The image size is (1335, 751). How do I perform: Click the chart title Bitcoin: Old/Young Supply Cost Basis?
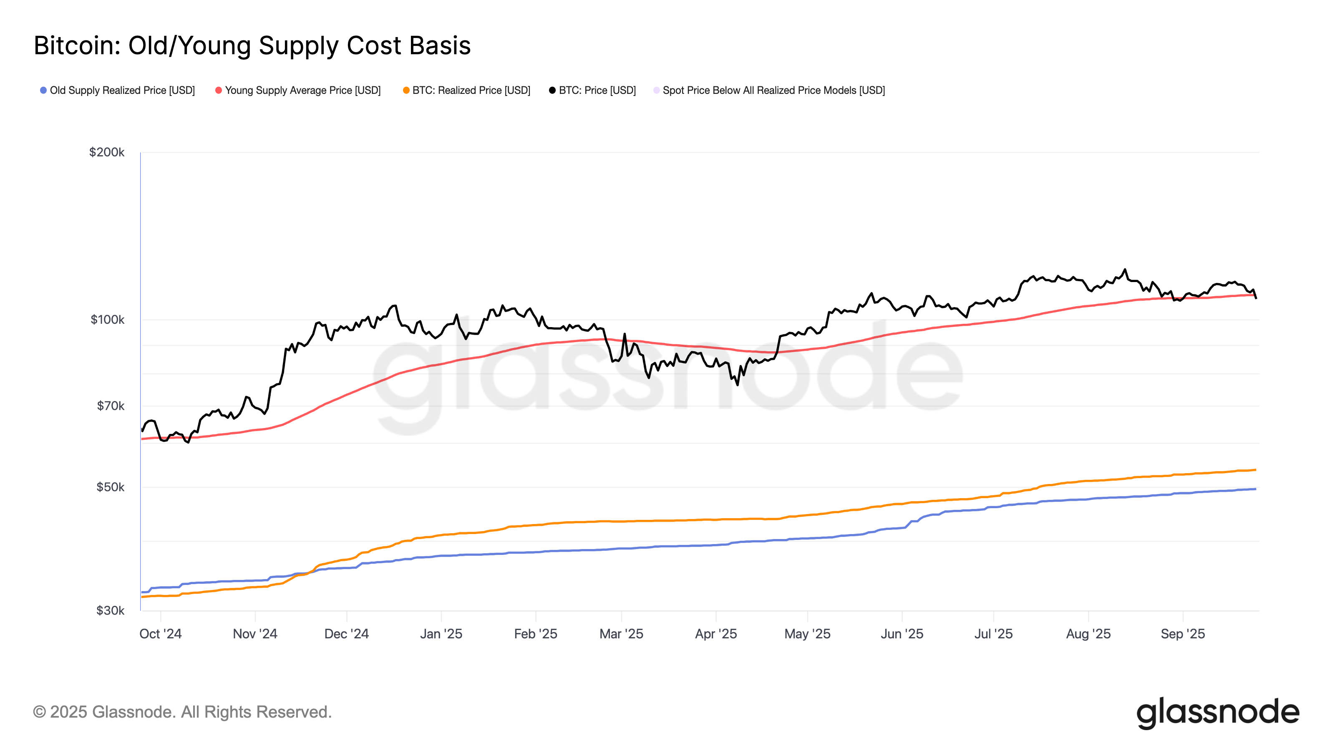pos(252,45)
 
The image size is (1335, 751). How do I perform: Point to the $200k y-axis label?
pos(107,152)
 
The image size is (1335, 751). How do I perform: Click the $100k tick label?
pos(107,319)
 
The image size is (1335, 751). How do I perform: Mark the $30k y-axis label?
pos(111,610)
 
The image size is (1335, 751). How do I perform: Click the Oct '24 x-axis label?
pos(160,633)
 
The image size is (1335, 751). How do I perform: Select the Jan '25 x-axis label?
pos(441,633)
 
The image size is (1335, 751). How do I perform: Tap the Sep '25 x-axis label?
pos(1182,633)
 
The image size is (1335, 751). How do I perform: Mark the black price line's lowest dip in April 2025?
pos(738,385)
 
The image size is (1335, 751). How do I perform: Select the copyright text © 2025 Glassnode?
pos(182,712)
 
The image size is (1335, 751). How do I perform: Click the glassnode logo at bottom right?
pos(1217,713)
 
